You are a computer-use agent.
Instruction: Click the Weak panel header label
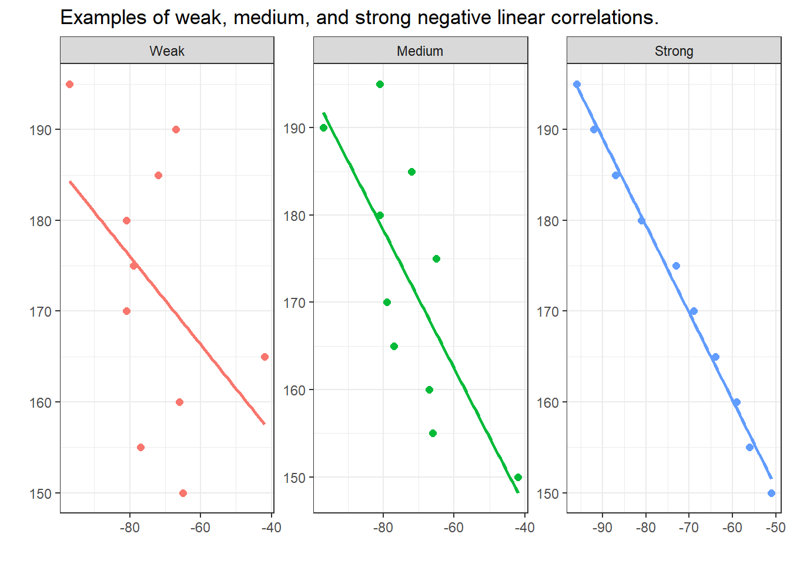(167, 51)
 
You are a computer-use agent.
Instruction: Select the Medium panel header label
(420, 51)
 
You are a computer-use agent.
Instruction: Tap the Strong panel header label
(674, 51)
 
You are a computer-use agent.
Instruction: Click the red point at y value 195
(69, 85)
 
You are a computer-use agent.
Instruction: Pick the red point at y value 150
(183, 493)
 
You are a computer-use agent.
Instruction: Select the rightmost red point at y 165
(265, 357)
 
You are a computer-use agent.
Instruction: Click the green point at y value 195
(380, 85)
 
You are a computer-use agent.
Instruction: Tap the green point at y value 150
(518, 477)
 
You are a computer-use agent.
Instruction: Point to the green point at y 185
(411, 172)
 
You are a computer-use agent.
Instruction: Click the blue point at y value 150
(771, 493)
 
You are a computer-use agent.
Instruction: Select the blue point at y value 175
(676, 266)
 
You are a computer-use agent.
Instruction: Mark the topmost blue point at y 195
(577, 85)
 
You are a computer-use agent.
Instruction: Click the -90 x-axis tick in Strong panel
(602, 528)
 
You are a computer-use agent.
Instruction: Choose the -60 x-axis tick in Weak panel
(200, 528)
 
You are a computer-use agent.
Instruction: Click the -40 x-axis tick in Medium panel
(524, 528)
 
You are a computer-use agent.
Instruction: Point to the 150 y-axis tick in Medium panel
(294, 478)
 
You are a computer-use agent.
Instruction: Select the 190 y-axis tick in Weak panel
(41, 130)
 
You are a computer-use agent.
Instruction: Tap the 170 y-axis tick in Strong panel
(547, 311)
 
